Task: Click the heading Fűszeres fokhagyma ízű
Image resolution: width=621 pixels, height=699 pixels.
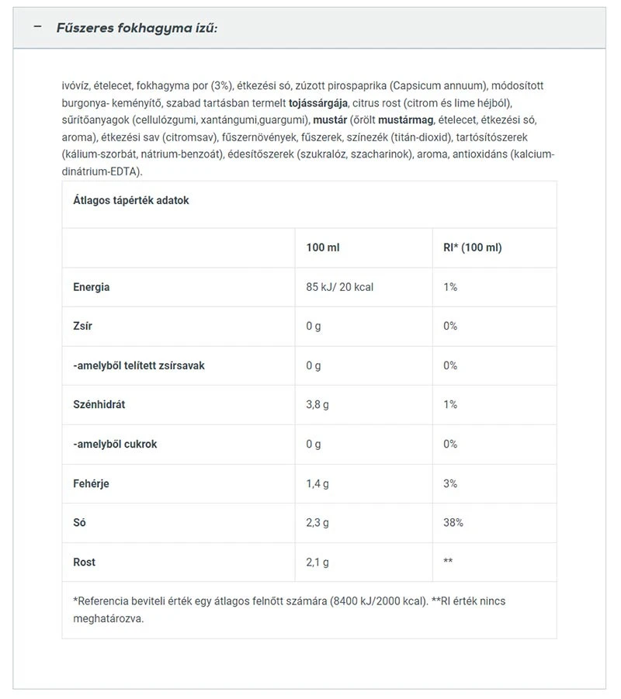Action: [137, 28]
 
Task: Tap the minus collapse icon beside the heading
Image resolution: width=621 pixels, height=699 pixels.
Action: [37, 27]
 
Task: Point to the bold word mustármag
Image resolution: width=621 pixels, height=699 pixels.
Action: [405, 120]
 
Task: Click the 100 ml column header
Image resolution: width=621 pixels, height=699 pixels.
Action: [323, 247]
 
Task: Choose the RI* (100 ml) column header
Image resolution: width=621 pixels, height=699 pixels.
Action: [471, 247]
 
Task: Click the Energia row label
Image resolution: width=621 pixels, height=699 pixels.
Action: [92, 287]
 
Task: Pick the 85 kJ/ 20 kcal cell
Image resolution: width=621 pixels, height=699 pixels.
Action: [340, 287]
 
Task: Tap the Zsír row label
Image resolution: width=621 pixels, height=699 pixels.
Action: [82, 326]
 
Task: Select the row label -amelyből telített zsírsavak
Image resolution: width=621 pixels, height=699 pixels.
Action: [139, 365]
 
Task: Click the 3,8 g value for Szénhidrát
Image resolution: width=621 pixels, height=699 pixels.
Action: [318, 404]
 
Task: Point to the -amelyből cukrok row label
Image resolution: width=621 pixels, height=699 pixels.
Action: [115, 444]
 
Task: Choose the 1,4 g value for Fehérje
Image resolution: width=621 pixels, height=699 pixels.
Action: [318, 483]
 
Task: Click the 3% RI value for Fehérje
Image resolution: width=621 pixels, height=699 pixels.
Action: [451, 483]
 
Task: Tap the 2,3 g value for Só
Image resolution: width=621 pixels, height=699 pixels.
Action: [318, 523]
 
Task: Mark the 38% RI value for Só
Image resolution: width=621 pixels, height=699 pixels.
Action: [453, 523]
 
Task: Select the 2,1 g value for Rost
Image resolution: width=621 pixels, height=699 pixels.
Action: [318, 562]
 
